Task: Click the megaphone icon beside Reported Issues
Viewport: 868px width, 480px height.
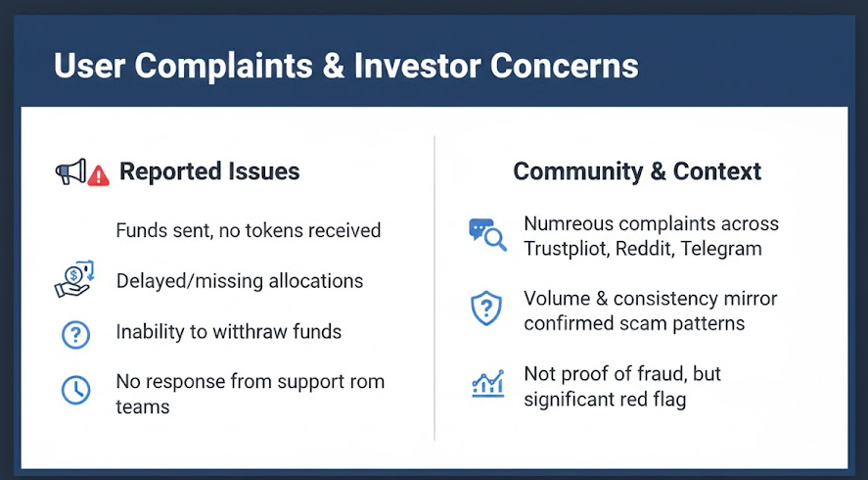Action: click(70, 171)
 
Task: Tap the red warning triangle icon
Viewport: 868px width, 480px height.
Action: click(99, 175)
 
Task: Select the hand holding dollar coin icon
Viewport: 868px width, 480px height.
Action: click(74, 279)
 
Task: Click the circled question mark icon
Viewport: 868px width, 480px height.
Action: click(75, 334)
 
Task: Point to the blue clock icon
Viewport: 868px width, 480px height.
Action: click(75, 390)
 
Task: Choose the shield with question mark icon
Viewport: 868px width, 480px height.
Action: click(486, 309)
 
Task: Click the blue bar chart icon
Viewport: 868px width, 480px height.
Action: click(487, 383)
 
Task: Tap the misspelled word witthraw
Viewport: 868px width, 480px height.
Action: click(251, 331)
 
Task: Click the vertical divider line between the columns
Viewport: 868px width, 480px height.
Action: click(434, 288)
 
